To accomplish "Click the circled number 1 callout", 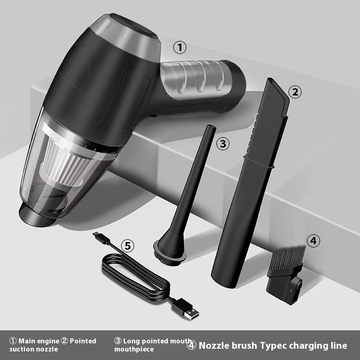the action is (x=180, y=48).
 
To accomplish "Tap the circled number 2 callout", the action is (x=295, y=92).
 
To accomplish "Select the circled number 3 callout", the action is (x=223, y=144).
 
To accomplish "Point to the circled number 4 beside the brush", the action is (x=313, y=241).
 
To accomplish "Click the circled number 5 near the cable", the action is (x=127, y=246).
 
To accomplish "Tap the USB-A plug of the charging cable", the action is (x=185, y=309).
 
